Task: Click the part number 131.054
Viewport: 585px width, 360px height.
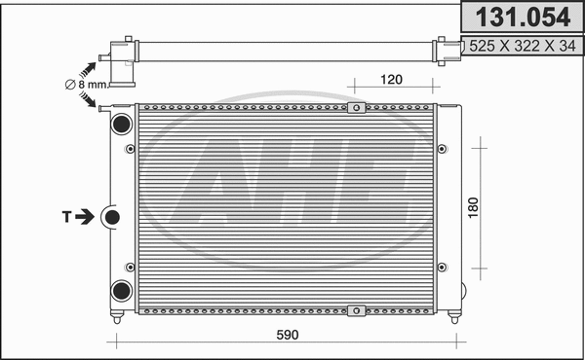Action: (x=521, y=18)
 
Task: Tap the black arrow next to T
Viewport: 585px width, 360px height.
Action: (x=86, y=216)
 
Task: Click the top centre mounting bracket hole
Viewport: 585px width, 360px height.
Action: (x=356, y=107)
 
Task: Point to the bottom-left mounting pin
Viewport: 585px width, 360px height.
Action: (x=117, y=316)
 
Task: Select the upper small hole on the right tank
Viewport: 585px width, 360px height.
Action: (x=444, y=149)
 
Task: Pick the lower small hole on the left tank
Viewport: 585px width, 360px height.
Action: (x=130, y=265)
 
